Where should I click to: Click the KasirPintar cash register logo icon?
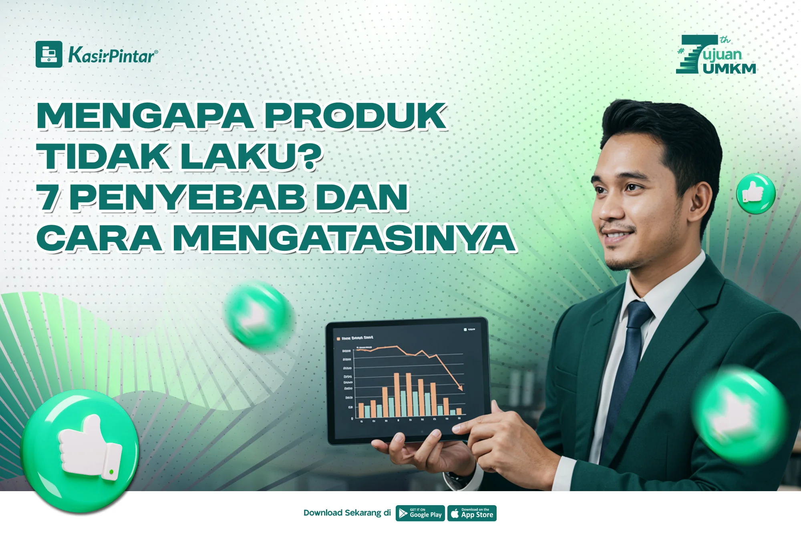(49, 54)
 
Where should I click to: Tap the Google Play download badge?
(420, 513)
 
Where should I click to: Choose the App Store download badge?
(472, 513)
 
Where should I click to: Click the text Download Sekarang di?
(347, 513)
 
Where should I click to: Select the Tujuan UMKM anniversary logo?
(716, 55)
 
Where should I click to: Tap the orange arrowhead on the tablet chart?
(460, 387)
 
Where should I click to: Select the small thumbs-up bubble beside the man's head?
(756, 193)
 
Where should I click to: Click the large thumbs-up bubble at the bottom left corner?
(80, 451)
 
